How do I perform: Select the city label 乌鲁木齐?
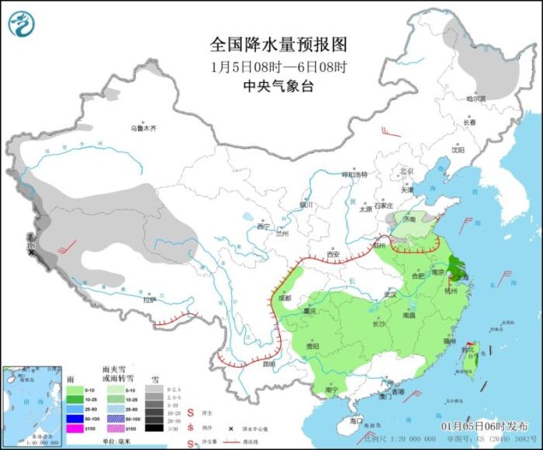143,128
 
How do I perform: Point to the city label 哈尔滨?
475,99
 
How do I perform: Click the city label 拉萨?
149,299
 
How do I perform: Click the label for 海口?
356,420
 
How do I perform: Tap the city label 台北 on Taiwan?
467,349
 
